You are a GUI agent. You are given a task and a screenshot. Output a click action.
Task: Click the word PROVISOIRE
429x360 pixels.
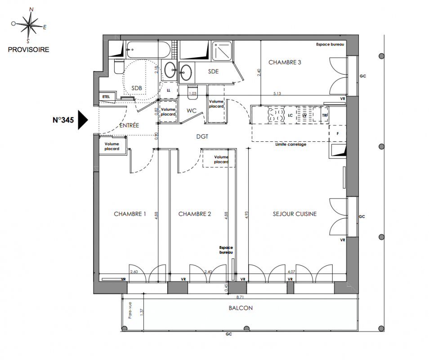point(28,49)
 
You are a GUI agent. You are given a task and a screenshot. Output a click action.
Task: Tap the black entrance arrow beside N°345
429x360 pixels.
point(83,120)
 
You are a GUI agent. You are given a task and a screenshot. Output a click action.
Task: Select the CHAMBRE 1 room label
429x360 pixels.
point(130,214)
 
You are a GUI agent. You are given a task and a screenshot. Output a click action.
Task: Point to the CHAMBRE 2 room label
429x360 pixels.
point(195,214)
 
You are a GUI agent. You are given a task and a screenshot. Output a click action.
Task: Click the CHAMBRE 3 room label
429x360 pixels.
point(285,63)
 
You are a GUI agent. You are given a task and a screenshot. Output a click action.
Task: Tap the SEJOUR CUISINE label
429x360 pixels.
point(295,214)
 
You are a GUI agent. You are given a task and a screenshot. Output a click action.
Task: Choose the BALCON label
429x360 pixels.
point(241,308)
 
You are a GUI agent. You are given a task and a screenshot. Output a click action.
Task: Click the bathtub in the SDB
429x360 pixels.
point(148,49)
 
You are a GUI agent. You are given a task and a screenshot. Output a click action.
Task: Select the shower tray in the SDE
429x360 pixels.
point(222,51)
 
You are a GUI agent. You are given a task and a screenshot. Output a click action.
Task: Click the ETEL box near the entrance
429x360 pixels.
point(106,97)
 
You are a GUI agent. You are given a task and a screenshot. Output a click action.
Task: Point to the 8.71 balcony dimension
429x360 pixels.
point(240,297)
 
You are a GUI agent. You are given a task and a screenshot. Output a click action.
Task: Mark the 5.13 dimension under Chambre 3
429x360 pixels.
point(277,93)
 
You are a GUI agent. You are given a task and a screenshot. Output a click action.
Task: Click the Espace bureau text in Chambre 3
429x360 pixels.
point(330,45)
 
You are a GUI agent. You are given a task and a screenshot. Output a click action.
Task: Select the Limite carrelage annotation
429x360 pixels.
point(291,144)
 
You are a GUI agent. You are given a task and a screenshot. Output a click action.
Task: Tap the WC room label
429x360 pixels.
point(192,111)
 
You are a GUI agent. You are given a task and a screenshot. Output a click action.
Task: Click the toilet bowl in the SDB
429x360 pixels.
point(119,67)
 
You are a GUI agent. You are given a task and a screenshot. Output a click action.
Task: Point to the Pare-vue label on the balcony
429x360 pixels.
point(130,310)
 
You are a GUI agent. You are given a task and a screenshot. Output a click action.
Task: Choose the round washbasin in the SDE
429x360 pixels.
point(186,72)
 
